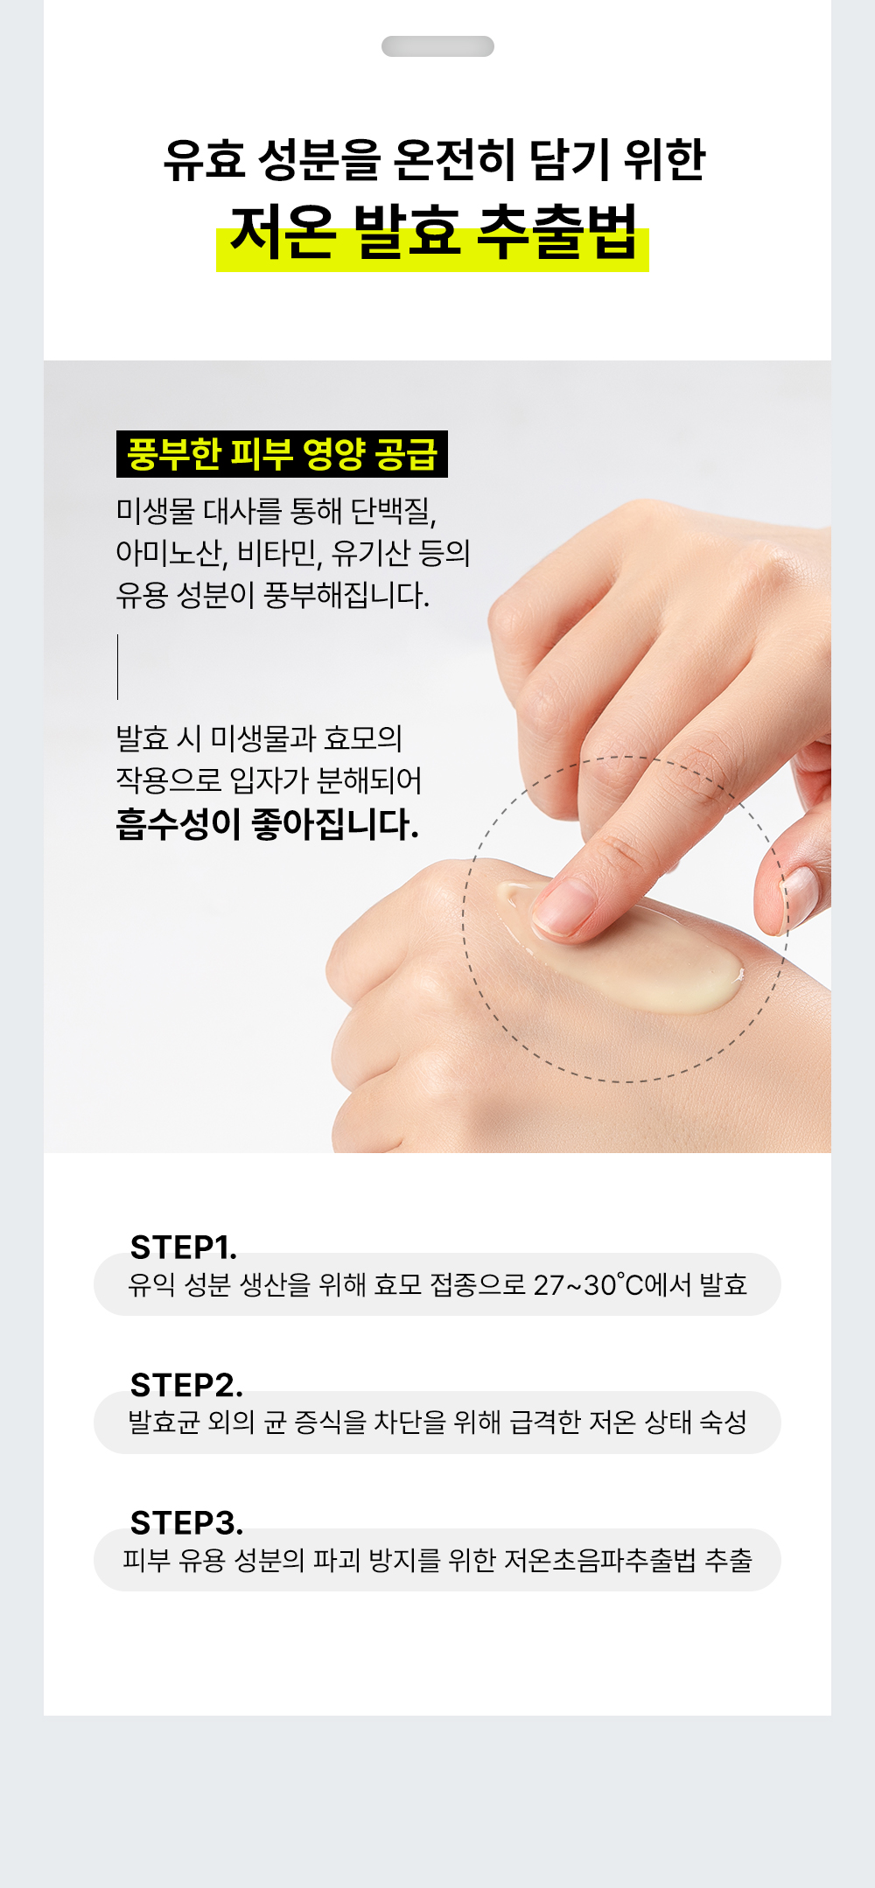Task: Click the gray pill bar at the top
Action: click(x=437, y=46)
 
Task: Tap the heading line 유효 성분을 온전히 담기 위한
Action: click(x=434, y=159)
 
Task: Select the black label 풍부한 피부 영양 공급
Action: click(x=282, y=454)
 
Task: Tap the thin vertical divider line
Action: click(x=117, y=667)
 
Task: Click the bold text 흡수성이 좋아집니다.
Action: click(x=268, y=824)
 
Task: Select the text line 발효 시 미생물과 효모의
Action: click(x=260, y=738)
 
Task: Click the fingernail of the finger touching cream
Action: click(x=560, y=907)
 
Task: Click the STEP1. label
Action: click(x=184, y=1247)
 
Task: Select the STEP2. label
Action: click(x=186, y=1385)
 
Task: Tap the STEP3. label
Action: click(x=186, y=1523)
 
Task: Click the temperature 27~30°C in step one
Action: click(x=588, y=1284)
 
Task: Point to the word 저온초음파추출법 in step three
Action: click(x=600, y=1560)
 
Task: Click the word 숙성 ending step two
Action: click(x=724, y=1422)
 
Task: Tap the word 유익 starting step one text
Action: click(x=151, y=1284)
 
